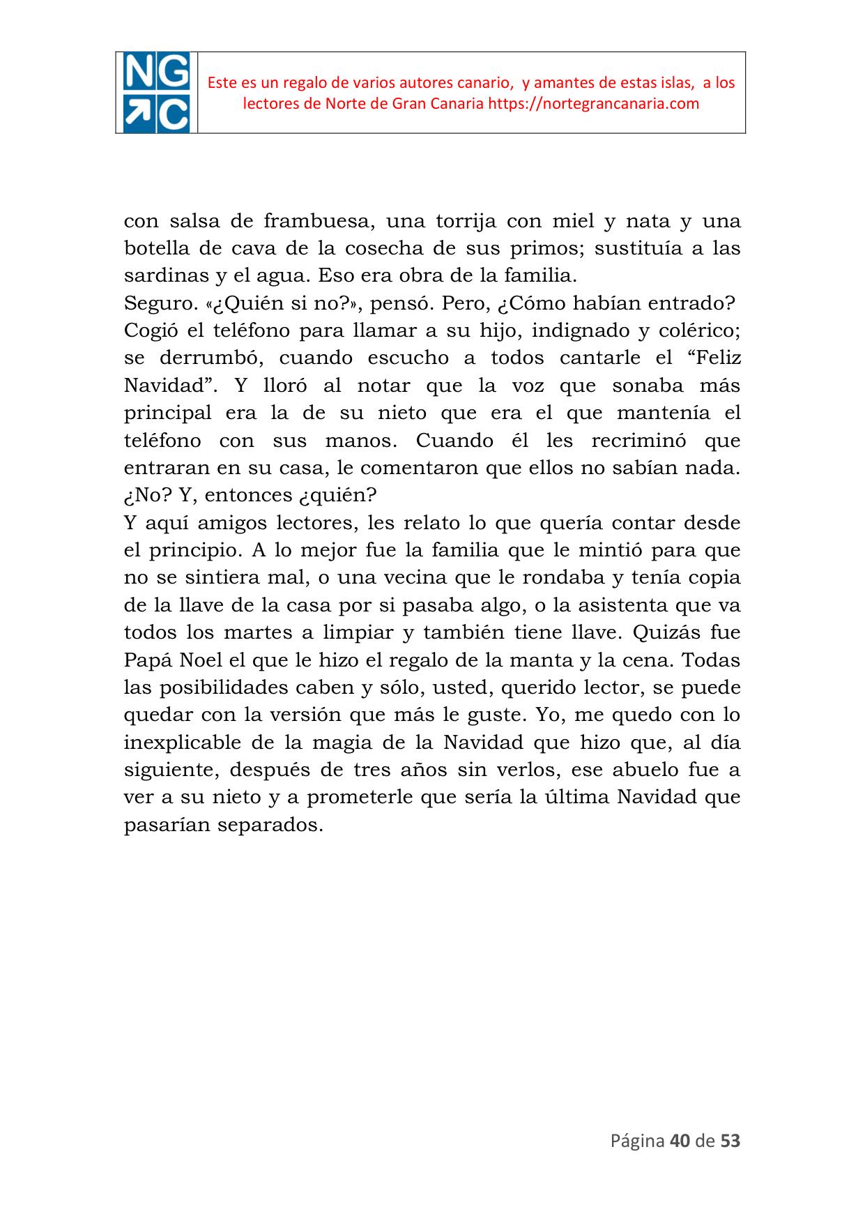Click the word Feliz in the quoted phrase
pos(708,358)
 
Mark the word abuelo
pos(644,770)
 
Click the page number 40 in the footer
pos(678,1141)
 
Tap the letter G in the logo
pos(172,73)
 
